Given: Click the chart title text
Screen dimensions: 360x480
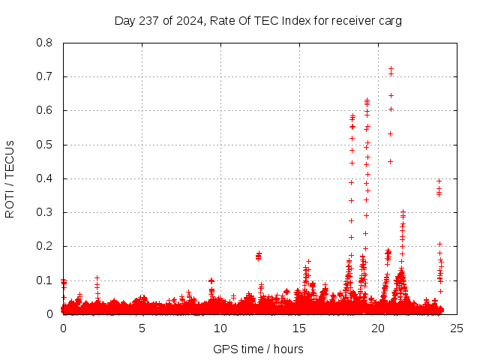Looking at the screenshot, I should pos(258,20).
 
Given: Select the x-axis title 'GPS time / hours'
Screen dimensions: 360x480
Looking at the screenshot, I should pos(258,349).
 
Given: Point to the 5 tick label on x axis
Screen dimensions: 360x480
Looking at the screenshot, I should pos(142,328).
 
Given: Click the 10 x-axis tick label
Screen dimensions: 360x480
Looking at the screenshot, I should pos(220,328).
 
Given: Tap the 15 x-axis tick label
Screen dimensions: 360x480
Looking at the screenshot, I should pos(299,328).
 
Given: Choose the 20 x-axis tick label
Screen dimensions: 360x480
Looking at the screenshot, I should pos(378,328).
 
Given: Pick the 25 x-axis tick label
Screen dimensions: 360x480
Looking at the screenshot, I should pos(457,328).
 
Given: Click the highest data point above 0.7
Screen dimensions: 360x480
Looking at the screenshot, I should pos(391,69).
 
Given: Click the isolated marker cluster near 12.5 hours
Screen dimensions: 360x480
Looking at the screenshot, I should pos(259,256).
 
